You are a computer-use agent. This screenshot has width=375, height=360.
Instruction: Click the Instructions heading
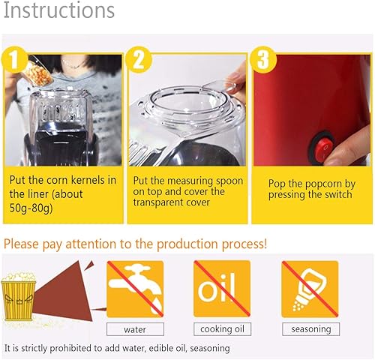(59, 10)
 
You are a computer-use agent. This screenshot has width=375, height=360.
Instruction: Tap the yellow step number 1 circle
(14, 60)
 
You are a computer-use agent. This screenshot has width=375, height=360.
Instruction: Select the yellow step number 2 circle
(139, 60)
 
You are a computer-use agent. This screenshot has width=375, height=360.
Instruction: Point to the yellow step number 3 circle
(263, 60)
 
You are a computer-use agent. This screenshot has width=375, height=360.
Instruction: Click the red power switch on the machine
(323, 147)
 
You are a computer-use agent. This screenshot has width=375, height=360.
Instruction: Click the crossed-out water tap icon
(135, 289)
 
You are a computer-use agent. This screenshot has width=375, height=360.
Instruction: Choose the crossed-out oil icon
(222, 289)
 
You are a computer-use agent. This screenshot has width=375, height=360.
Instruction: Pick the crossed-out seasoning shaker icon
(310, 289)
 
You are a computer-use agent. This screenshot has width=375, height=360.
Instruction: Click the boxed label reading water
(135, 329)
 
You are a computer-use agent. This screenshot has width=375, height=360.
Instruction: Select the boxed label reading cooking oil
(222, 329)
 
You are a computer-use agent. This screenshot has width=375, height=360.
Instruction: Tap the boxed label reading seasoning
(311, 329)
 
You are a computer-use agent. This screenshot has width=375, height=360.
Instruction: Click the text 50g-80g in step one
(31, 208)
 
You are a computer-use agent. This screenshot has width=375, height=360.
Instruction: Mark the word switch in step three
(337, 194)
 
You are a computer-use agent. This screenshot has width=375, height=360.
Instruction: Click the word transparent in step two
(160, 202)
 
